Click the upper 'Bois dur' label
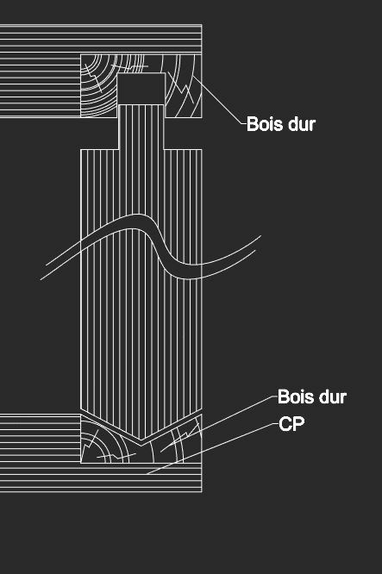[281, 124]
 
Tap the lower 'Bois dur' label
[312, 396]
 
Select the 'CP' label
[291, 424]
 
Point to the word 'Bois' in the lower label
[295, 396]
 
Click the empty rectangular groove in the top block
[141, 89]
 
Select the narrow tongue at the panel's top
[141, 127]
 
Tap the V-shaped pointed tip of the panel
[141, 439]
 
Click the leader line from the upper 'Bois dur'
[219, 100]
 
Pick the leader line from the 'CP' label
[211, 449]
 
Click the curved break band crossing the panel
[151, 249]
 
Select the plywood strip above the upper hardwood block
[101, 39]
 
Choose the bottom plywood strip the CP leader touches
[101, 477]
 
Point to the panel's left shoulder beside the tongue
[99, 149]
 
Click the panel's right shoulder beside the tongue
[183, 149]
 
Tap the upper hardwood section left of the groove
[98, 85]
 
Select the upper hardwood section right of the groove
[183, 85]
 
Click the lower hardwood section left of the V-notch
[106, 445]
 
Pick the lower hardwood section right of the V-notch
[176, 445]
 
